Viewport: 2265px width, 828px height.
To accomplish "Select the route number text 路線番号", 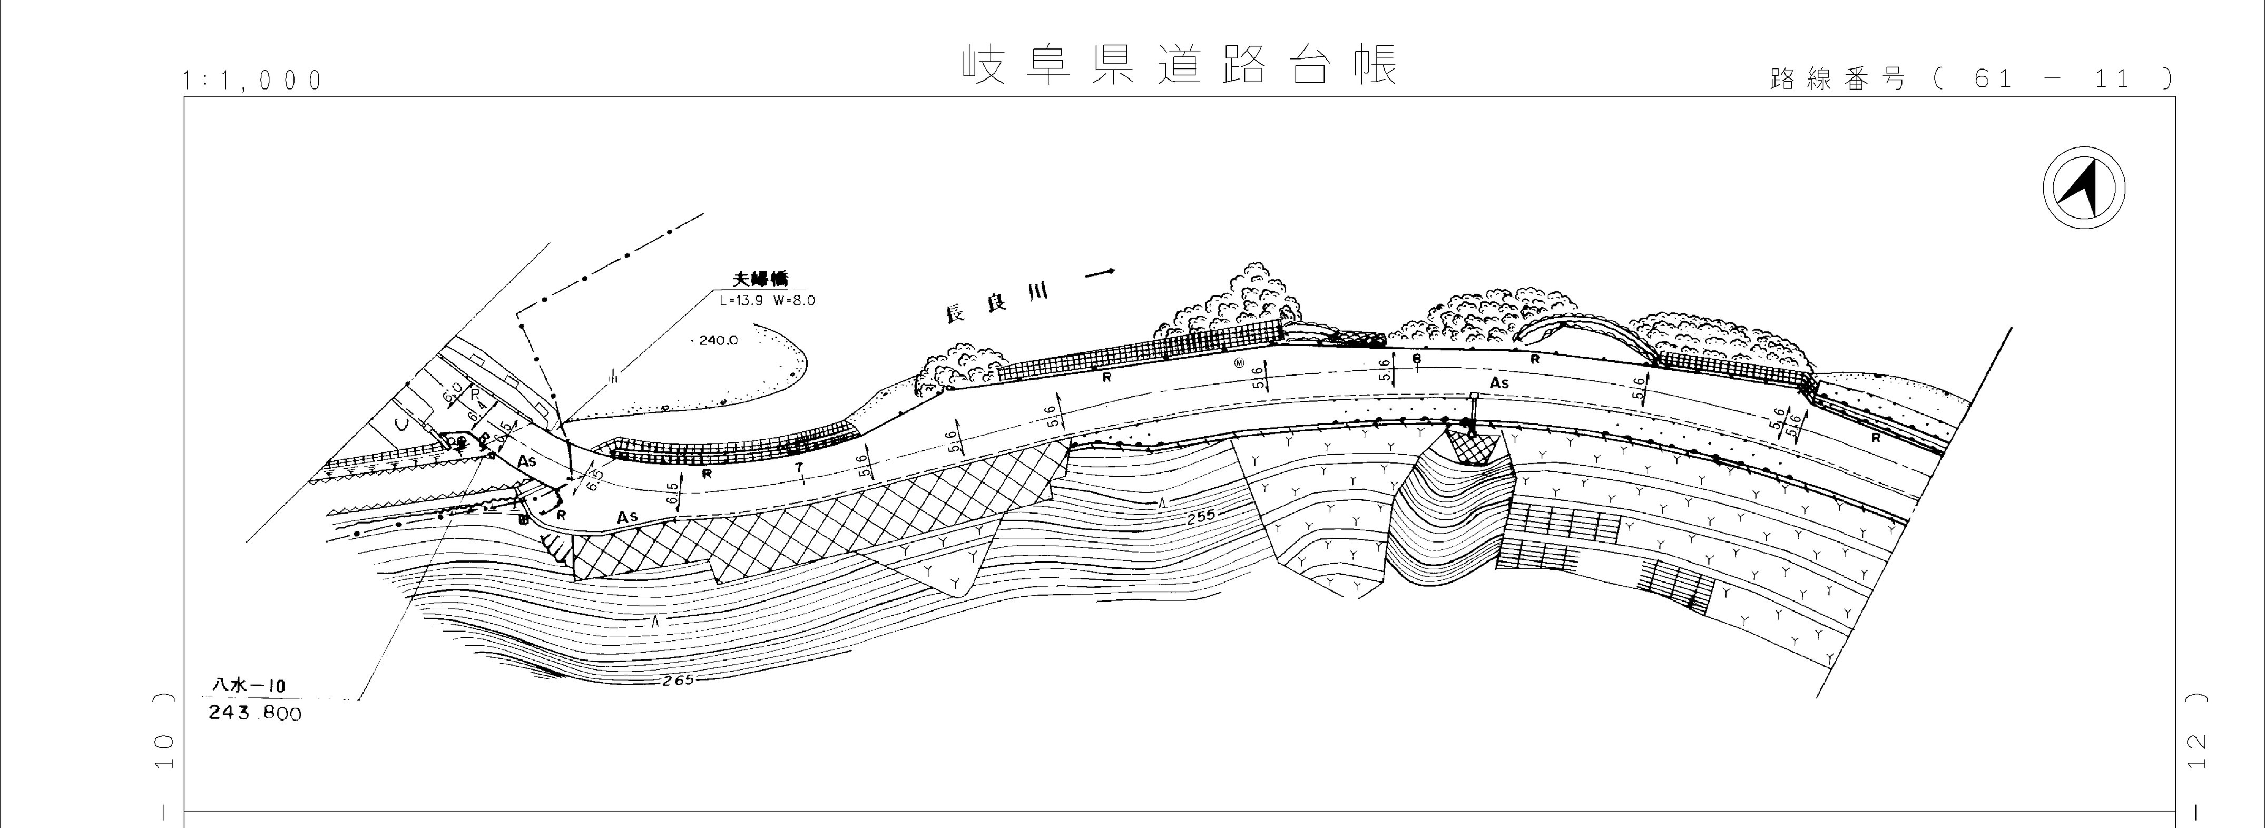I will coord(1838,79).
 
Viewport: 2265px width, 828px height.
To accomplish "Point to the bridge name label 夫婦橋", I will coord(761,280).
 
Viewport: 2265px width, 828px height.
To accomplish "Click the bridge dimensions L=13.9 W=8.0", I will coord(767,300).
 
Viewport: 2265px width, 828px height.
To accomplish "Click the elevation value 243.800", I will coord(255,713).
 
